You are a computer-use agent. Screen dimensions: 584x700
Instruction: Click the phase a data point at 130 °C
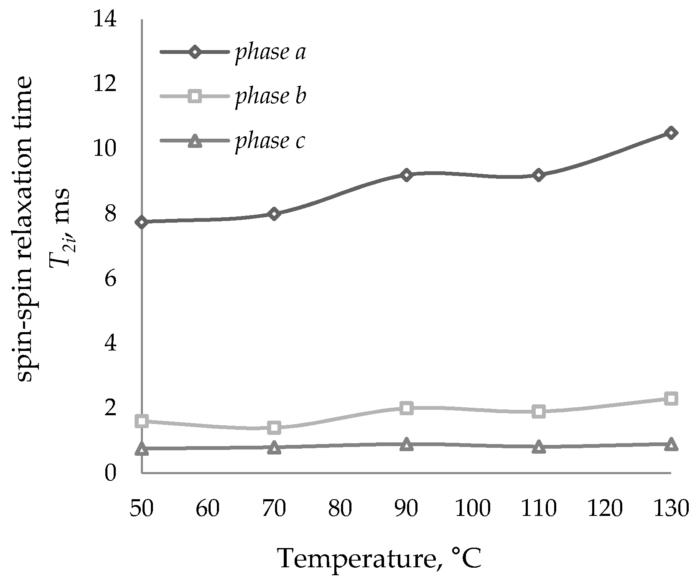pos(671,133)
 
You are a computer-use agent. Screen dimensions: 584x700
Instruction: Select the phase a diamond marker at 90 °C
pos(406,175)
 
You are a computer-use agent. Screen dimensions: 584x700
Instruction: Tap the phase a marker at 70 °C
pos(274,214)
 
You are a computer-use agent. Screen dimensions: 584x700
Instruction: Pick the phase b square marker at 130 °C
pos(671,398)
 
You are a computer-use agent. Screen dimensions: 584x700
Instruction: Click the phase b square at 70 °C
pos(274,427)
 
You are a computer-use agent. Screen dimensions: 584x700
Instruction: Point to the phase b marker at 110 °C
pos(539,411)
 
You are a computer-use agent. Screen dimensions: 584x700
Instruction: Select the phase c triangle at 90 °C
pos(406,444)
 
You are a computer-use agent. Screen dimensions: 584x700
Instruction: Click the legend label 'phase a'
pos(270,53)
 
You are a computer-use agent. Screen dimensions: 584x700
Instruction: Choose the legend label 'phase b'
pos(270,96)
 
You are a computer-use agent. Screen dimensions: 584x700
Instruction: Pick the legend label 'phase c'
pos(270,141)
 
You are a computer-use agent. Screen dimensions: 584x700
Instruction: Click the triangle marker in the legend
pos(195,142)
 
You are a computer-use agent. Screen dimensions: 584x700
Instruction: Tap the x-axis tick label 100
pos(473,509)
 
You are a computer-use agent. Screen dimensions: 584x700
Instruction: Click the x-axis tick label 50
pos(142,509)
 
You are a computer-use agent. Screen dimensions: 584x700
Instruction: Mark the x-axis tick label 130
pos(671,509)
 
